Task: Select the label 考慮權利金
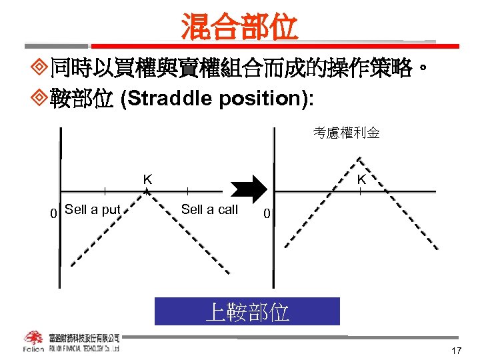pyautogui.click(x=347, y=133)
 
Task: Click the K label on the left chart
pyautogui.click(x=147, y=179)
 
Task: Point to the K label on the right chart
pyautogui.click(x=361, y=180)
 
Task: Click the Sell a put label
pyautogui.click(x=93, y=209)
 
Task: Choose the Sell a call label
pyautogui.click(x=209, y=209)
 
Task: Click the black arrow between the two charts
pyautogui.click(x=248, y=191)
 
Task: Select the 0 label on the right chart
pyautogui.click(x=266, y=214)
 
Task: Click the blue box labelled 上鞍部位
pyautogui.click(x=247, y=311)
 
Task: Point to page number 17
pyautogui.click(x=456, y=351)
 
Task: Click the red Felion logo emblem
pyautogui.click(x=33, y=338)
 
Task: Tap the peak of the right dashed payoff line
pyautogui.click(x=361, y=157)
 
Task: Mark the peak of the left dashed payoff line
pyautogui.click(x=147, y=191)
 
